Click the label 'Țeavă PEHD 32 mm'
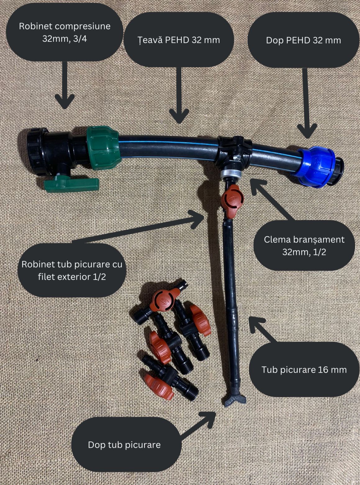pos(179,40)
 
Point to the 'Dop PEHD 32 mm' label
pos(303,40)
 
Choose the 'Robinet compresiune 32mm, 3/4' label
pos(65,32)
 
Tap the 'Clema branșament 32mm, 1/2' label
pos(304,246)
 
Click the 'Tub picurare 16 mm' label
pos(304,370)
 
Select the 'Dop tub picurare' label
pos(124,445)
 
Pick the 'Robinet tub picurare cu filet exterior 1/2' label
pos(72,270)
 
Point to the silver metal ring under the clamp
pos(231,174)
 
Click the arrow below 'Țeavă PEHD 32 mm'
pos(179,95)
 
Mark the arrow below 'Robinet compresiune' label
pos(65,85)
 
